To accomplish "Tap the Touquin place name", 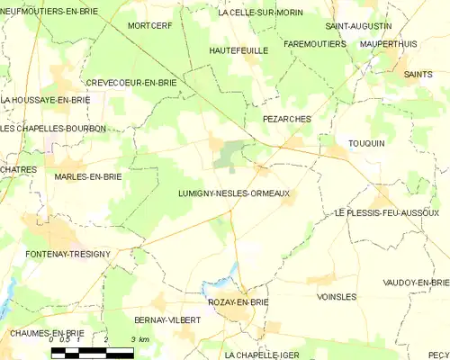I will tap(366, 143).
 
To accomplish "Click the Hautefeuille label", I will tap(238, 51).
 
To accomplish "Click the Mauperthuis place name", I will tap(389, 43).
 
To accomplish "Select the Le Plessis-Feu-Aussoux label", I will tap(386, 212).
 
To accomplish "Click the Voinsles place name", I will tap(337, 296).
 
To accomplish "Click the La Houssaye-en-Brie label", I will tap(45, 99).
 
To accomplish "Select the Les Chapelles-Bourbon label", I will tap(53, 129).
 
